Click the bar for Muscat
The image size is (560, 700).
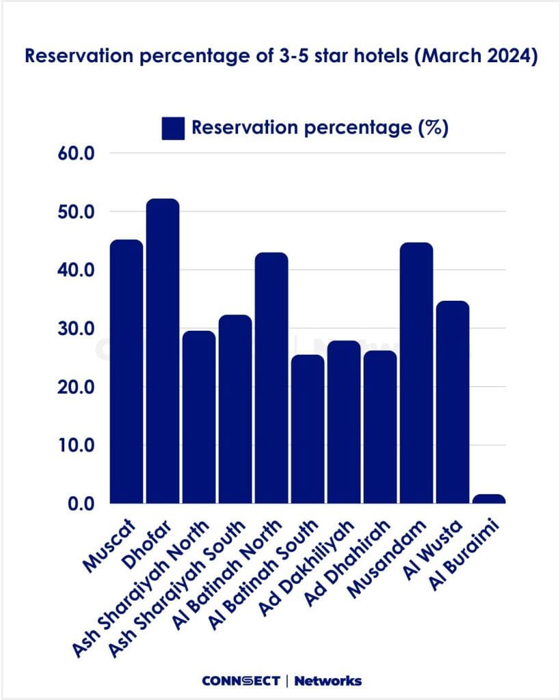[x=126, y=372]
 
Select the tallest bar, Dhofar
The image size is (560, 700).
[x=163, y=351]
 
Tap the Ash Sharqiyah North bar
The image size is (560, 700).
[x=199, y=417]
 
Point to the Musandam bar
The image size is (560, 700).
[x=416, y=373]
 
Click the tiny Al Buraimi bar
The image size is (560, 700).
[x=489, y=499]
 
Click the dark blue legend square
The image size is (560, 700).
[x=173, y=129]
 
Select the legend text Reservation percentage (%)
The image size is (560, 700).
[x=320, y=128]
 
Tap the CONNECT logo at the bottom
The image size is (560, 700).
[x=241, y=680]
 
